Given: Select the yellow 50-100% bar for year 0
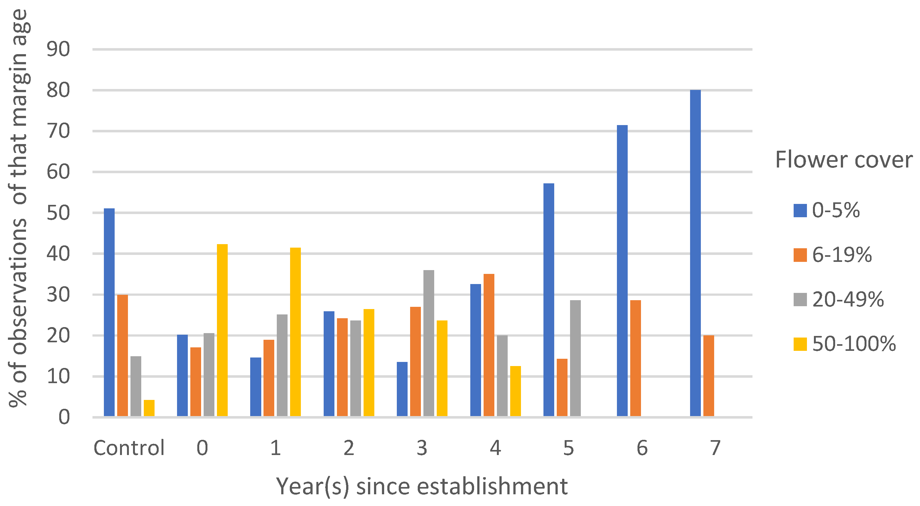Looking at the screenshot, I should (x=222, y=330).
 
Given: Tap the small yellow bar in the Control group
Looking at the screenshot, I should (x=149, y=408).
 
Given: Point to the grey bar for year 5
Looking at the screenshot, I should (x=575, y=358).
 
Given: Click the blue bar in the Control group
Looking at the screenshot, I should (x=109, y=313).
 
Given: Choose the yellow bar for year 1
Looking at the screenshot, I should (x=295, y=332).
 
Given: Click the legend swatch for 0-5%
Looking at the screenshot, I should (x=800, y=210).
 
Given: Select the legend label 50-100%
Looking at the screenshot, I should (x=854, y=344).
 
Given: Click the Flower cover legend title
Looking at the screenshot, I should (x=844, y=160).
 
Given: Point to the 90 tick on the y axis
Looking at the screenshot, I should (x=58, y=49).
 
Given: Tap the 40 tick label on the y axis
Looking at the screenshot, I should (x=58, y=254).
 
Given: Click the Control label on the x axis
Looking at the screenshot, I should (x=129, y=448).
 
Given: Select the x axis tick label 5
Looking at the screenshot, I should (x=568, y=448).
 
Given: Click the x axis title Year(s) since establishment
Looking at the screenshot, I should (x=422, y=486).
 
